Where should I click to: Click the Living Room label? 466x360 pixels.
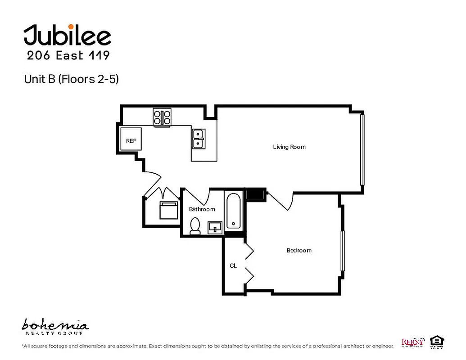289,147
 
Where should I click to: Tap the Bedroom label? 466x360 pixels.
299,250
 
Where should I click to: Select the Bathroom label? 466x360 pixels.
202,209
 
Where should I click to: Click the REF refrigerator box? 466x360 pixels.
131,141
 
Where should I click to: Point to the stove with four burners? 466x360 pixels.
163,117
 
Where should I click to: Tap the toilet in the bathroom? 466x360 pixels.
195,226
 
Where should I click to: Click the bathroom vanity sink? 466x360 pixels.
215,227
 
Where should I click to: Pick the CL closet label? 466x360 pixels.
233,265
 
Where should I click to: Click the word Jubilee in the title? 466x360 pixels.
68,36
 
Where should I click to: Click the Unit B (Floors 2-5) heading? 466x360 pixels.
71,79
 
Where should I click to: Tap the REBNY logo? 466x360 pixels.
412,342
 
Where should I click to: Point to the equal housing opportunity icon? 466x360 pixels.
436,342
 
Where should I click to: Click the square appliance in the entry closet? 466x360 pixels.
169,210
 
